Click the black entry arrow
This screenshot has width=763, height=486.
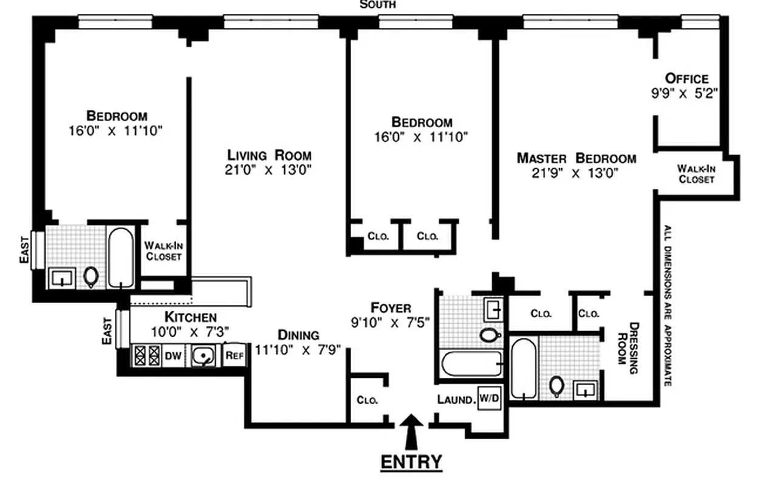coord(412,430)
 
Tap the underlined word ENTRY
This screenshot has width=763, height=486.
coord(411,462)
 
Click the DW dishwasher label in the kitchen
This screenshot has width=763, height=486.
coord(173,356)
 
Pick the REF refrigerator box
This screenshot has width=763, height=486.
coord(234,356)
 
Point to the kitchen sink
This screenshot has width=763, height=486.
coord(202,356)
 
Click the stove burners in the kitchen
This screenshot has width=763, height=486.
coord(146,355)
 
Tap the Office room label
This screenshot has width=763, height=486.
coord(686,78)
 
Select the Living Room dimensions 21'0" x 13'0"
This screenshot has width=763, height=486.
coord(268,171)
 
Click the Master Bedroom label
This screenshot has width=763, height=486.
coord(576,159)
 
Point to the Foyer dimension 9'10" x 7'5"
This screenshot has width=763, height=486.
coord(390,323)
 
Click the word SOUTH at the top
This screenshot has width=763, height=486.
coord(378,5)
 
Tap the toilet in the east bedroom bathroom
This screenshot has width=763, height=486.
coord(91,277)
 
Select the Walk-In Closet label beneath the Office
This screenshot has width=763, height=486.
coord(696,174)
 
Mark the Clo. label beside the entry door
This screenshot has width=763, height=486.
coord(368,400)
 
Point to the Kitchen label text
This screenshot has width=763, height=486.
coord(190,317)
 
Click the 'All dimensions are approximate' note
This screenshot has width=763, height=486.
coord(667,306)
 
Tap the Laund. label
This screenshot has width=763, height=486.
coord(456,400)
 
